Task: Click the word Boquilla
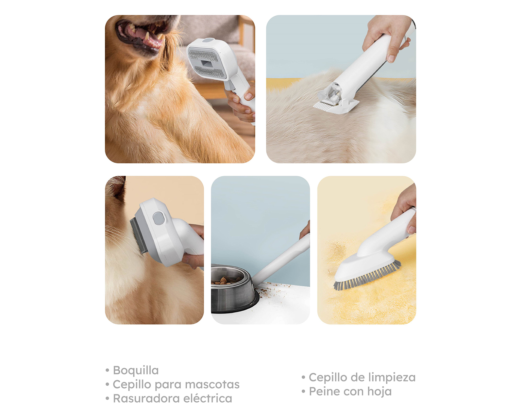click(x=136, y=370)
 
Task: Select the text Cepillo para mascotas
click(x=176, y=384)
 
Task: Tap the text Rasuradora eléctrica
click(x=173, y=398)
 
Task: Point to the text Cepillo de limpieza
click(x=362, y=378)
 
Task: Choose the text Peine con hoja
click(x=350, y=392)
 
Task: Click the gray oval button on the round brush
click(x=158, y=218)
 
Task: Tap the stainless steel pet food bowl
click(x=234, y=289)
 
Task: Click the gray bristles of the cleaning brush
click(x=367, y=276)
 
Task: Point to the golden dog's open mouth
click(x=141, y=34)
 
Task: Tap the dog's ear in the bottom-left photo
click(x=117, y=187)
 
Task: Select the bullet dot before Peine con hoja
click(x=303, y=391)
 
